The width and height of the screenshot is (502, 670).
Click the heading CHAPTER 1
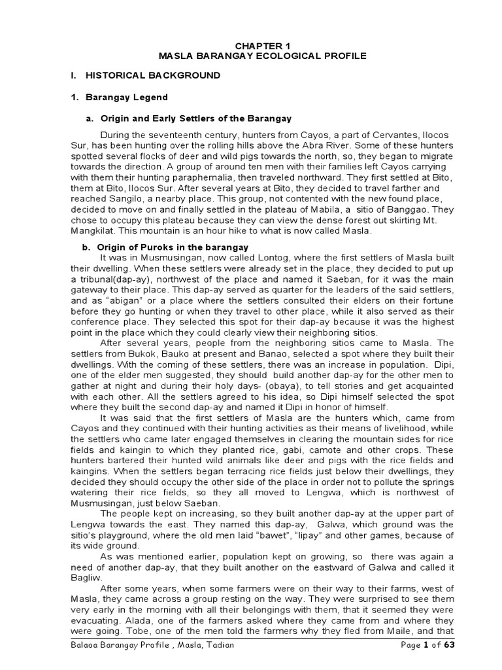(x=250, y=45)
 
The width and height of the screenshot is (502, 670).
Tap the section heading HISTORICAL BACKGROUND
(x=151, y=76)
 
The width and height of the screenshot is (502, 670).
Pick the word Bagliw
(x=86, y=578)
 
